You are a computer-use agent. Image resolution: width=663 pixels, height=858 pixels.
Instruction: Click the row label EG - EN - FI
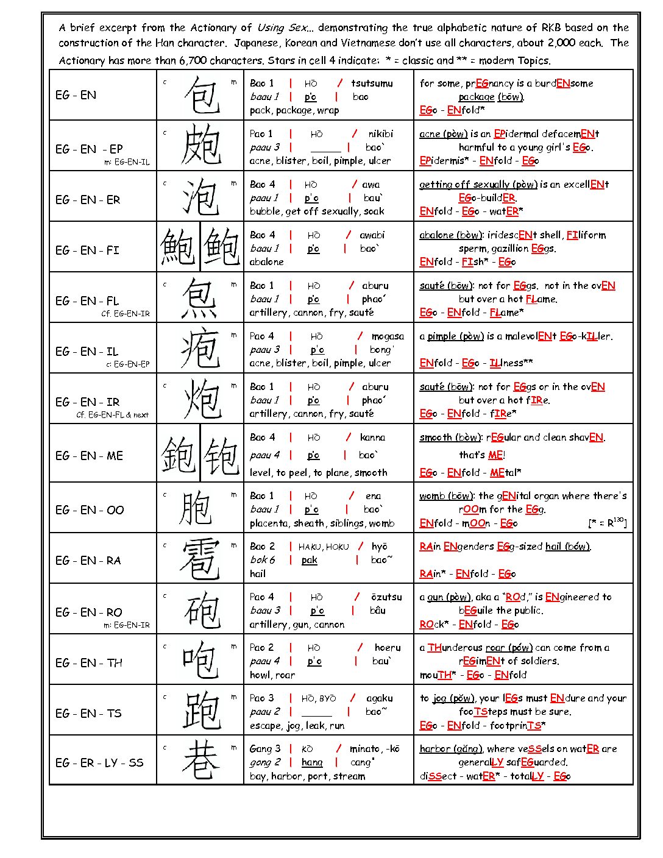87,250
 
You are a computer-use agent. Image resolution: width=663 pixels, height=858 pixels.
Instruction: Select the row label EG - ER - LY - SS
99,762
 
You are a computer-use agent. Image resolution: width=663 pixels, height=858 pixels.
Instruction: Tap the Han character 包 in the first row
201,95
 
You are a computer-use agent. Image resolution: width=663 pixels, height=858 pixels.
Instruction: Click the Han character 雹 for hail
200,559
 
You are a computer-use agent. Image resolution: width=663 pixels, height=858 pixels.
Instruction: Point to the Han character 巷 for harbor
200,761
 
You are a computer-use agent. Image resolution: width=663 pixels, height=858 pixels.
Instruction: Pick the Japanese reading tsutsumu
372,83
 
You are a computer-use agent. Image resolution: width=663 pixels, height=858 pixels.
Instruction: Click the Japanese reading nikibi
380,134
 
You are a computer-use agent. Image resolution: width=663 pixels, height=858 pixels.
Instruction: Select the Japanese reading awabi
372,235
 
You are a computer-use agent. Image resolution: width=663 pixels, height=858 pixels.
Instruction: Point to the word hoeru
388,648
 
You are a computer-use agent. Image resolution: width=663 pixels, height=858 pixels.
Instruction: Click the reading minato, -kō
374,749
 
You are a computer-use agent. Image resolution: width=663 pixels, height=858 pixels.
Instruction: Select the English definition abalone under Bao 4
266,262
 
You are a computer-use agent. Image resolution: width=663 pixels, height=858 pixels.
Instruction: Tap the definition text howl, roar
272,675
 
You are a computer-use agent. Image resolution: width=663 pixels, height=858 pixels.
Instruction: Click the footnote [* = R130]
607,522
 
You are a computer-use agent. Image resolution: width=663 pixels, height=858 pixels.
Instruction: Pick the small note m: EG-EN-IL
127,162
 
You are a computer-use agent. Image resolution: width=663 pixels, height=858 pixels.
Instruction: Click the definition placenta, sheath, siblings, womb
322,523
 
